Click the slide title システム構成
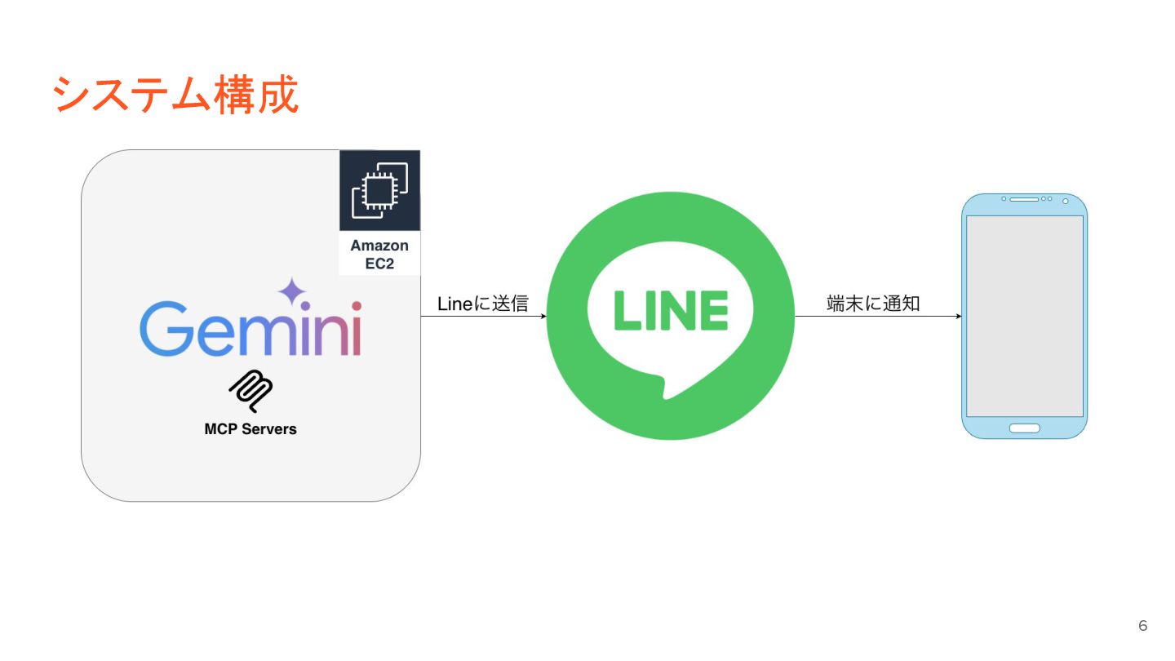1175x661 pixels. [175, 95]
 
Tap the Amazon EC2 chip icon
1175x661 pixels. [379, 190]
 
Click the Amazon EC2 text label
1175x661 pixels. [379, 254]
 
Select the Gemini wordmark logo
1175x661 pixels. [251, 330]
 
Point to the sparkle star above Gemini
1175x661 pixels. [291, 291]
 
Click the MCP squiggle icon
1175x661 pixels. [251, 391]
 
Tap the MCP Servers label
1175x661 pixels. [251, 428]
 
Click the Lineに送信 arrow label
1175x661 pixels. [483, 304]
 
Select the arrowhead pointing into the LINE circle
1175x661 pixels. [543, 316]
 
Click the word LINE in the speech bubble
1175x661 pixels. [670, 311]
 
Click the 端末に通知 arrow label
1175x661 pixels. [873, 304]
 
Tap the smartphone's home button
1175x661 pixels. [1024, 428]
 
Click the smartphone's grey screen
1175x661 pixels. [1024, 316]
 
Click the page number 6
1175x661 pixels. [1142, 626]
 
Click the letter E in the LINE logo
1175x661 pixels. [708, 311]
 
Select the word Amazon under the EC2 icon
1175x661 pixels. [379, 246]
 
